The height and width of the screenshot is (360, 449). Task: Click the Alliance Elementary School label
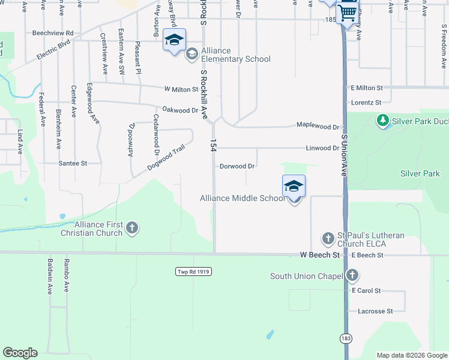236,55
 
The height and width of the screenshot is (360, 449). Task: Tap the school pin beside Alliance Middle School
294,186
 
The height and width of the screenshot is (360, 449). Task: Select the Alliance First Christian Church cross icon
133,228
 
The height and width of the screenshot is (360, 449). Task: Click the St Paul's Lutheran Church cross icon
328,239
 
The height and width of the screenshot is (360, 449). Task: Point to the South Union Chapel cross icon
352,276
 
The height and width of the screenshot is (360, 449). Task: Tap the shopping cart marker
348,13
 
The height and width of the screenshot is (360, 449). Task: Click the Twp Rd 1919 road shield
194,272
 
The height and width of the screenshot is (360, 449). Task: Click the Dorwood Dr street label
237,166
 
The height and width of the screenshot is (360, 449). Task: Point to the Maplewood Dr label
319,127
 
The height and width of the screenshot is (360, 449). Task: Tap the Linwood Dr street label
322,148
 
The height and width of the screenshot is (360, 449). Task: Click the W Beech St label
320,255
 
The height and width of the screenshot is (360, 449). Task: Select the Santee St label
73,163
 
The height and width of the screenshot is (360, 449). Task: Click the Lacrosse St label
375,311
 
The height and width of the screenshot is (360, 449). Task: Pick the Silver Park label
420,173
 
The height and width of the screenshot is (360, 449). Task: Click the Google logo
20,353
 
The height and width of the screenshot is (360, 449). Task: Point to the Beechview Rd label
53,33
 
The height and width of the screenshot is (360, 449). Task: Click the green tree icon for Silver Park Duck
382,121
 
